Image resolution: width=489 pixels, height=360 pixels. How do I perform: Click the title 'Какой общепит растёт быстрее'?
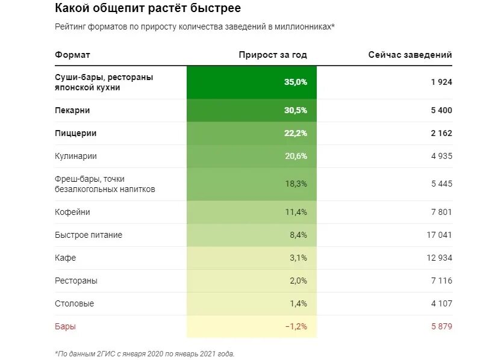click(x=148, y=8)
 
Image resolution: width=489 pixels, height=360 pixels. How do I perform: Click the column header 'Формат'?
click(x=72, y=55)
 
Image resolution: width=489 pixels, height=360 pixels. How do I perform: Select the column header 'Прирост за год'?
click(x=273, y=55)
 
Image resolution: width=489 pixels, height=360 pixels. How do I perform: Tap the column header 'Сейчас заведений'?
click(x=410, y=55)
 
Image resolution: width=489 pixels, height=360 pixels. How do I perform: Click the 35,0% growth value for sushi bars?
click(x=296, y=82)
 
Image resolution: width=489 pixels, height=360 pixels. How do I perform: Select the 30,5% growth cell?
click(x=296, y=111)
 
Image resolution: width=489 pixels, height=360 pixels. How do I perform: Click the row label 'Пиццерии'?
click(x=75, y=133)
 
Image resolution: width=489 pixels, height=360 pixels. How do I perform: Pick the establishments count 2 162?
click(x=441, y=133)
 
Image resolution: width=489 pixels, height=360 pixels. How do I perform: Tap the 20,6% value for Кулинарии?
click(x=296, y=156)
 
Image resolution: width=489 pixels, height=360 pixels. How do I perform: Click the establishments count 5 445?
click(x=441, y=184)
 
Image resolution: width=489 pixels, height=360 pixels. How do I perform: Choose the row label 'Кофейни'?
click(x=72, y=212)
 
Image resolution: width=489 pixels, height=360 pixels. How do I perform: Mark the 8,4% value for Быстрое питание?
click(x=298, y=235)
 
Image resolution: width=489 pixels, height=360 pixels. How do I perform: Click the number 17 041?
click(x=438, y=235)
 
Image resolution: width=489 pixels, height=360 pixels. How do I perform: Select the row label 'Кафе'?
click(x=65, y=258)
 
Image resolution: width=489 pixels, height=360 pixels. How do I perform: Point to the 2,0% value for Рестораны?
click(x=298, y=281)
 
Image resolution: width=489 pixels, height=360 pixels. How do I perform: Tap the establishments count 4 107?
click(x=441, y=303)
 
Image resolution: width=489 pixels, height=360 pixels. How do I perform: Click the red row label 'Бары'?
click(x=65, y=326)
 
